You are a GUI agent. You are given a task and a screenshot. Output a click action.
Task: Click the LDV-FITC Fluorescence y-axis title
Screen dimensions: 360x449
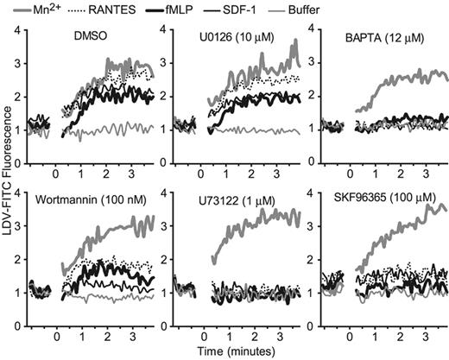[9, 174]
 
